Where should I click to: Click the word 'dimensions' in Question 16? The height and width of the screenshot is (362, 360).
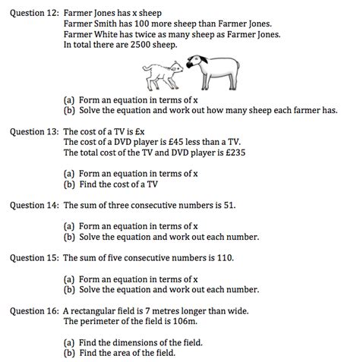click(x=136, y=342)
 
